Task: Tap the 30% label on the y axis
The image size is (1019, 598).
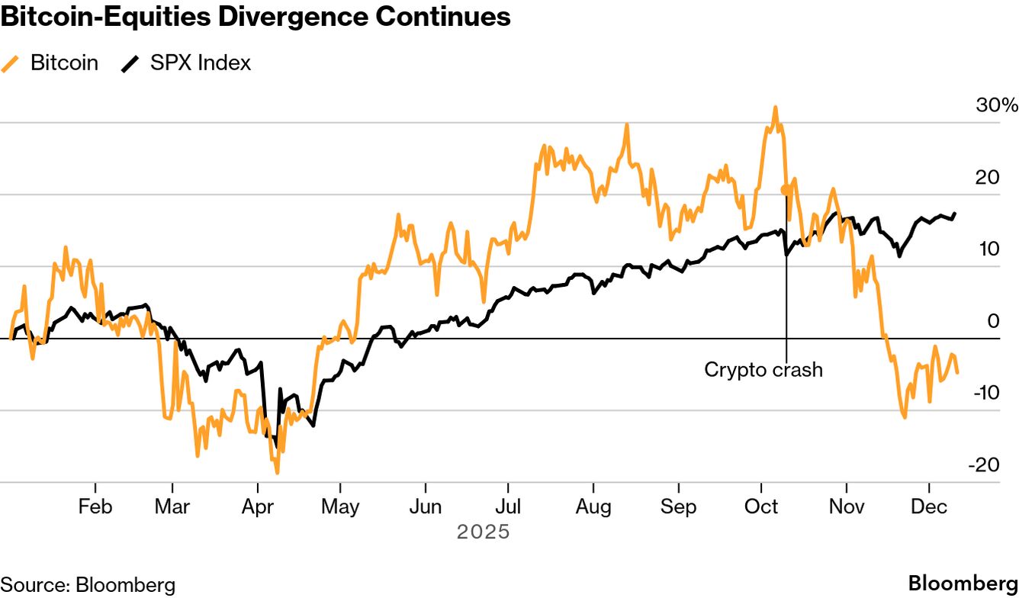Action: click(x=996, y=105)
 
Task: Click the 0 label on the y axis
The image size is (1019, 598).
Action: click(x=993, y=321)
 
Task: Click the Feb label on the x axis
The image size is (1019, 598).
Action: click(x=95, y=507)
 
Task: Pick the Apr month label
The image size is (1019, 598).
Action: click(x=257, y=507)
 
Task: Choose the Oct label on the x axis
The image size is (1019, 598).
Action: click(x=760, y=507)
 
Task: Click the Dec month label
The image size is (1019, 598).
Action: click(x=929, y=507)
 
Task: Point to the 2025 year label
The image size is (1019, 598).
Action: click(x=483, y=532)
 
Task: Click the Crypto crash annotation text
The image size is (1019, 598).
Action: click(x=763, y=370)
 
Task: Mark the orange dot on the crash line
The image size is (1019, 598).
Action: click(x=786, y=189)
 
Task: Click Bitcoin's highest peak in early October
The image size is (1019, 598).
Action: click(x=775, y=108)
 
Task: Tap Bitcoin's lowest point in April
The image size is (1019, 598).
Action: click(x=277, y=472)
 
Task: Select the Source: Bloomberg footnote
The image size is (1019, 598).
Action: click(x=88, y=585)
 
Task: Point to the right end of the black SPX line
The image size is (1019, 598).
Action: click(x=955, y=214)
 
